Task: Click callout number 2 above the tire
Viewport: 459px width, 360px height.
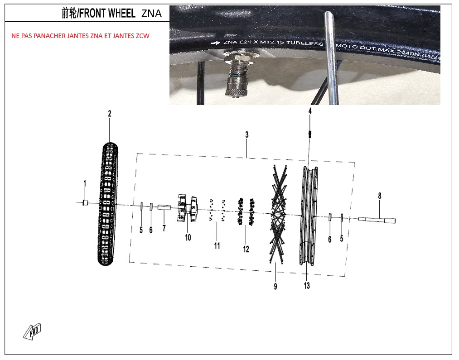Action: click(110, 114)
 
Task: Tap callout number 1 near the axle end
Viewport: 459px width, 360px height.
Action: click(85, 184)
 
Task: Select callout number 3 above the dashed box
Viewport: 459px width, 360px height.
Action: click(247, 134)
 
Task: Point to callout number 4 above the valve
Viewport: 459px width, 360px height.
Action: click(310, 111)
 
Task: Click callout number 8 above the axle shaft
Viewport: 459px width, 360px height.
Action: click(380, 196)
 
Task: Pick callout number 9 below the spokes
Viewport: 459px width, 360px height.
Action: click(275, 286)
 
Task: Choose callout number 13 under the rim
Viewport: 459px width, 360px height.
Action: click(307, 285)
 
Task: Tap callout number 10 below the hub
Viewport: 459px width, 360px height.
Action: click(188, 237)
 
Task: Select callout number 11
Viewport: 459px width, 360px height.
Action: click(217, 245)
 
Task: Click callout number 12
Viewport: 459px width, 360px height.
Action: click(246, 249)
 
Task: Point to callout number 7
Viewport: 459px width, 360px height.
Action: click(164, 228)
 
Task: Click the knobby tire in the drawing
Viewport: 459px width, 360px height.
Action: click(108, 204)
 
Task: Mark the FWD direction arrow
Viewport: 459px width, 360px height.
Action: click(32, 331)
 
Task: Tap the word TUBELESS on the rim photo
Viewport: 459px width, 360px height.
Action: click(304, 43)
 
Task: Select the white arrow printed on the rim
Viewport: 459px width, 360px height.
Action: click(215, 43)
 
